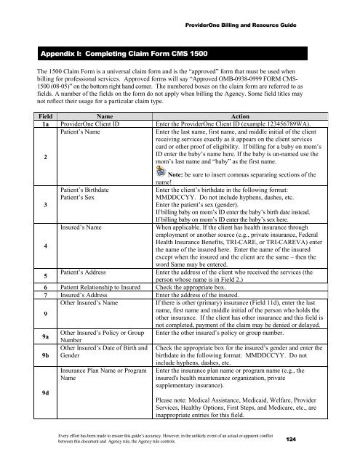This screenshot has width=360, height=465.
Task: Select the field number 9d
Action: tap(25, 395)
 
